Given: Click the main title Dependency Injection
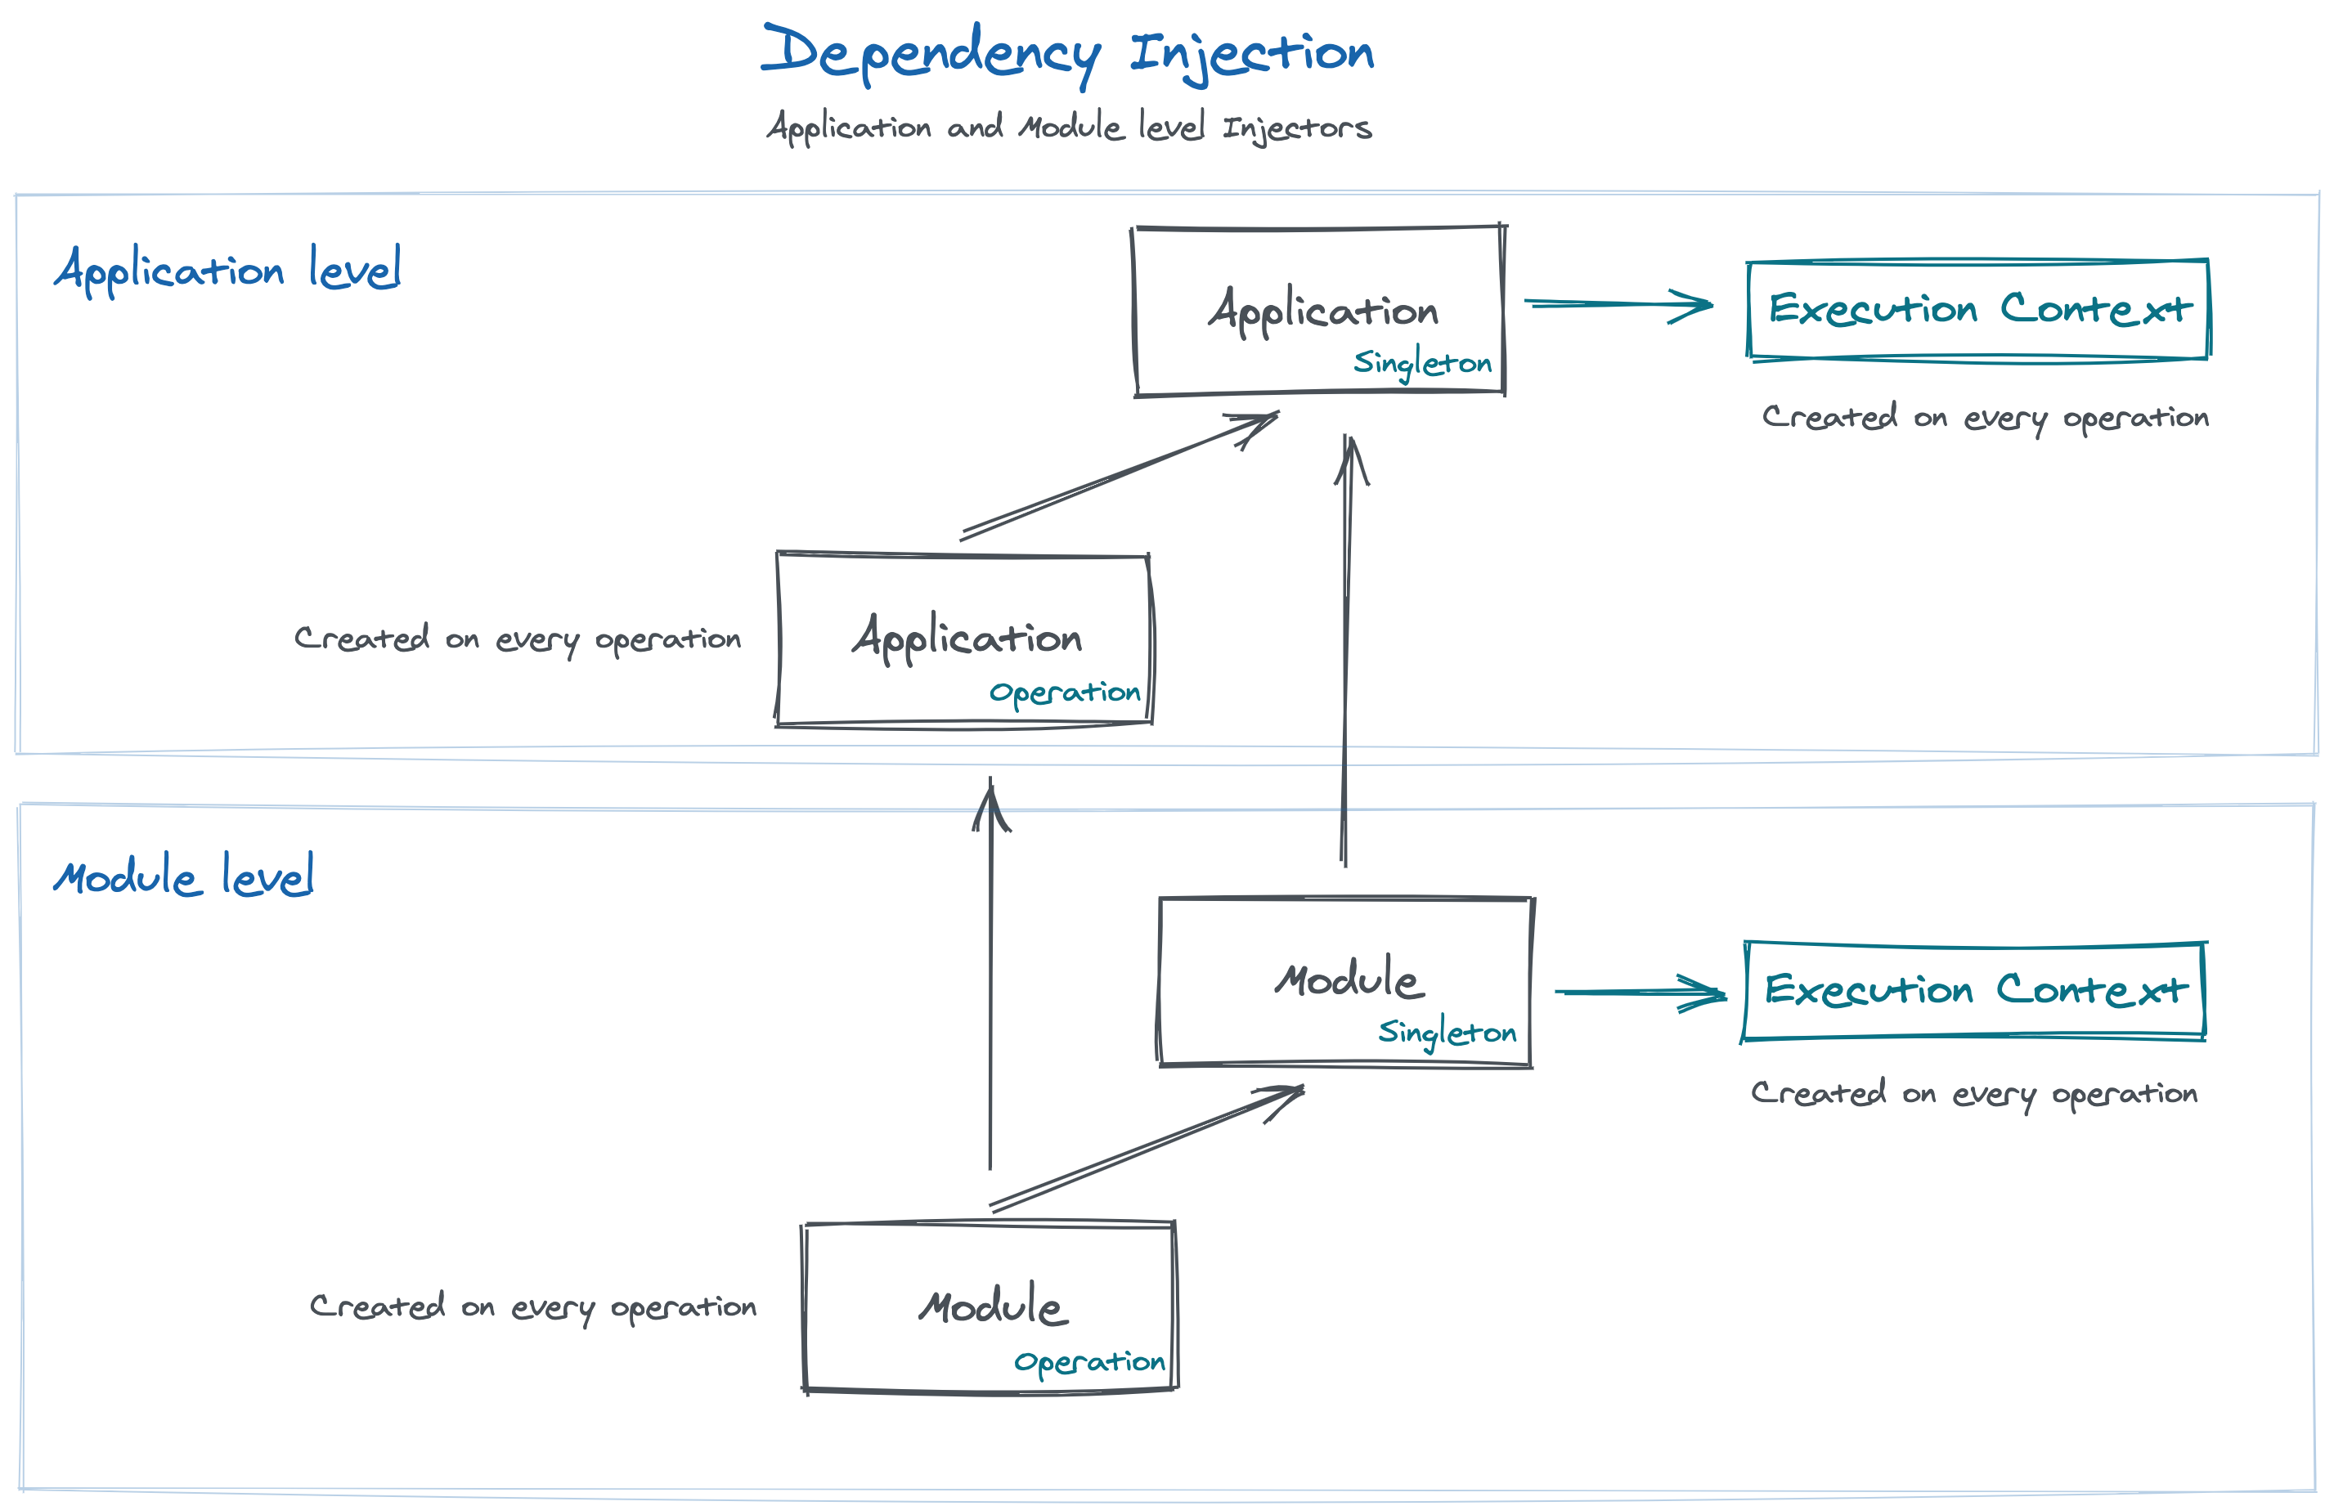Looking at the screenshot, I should point(1067,53).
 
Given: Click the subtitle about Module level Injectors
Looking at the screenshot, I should point(1068,127).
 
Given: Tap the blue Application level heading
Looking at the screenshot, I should point(227,269).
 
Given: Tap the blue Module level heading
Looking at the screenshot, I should point(183,876).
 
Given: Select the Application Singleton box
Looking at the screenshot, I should point(1317,311).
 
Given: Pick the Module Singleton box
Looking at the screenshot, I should point(1345,981).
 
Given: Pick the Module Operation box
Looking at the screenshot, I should point(989,1307).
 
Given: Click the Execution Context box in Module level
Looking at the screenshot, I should point(1974,991).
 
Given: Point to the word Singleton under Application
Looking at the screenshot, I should point(1422,364).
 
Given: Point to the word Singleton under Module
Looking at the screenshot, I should point(1447,1033).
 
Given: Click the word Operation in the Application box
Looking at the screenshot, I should point(1064,693).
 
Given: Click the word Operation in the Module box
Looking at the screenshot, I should point(1088,1362).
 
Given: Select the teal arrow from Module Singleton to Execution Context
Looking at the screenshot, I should point(1640,993).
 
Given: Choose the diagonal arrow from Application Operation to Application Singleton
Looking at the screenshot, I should point(1119,477).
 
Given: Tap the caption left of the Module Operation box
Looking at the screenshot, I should point(533,1307).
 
